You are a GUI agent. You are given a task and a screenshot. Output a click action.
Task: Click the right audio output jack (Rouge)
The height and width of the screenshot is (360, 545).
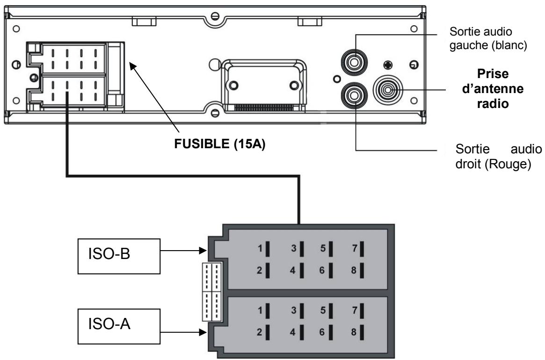[x=353, y=96]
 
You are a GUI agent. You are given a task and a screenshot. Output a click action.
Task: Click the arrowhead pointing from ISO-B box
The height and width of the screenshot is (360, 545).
[x=204, y=251]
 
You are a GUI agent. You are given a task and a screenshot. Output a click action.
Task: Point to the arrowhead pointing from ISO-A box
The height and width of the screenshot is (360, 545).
[x=204, y=333]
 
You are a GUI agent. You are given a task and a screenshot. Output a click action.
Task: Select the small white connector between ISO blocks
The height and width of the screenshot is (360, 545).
[x=212, y=292]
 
